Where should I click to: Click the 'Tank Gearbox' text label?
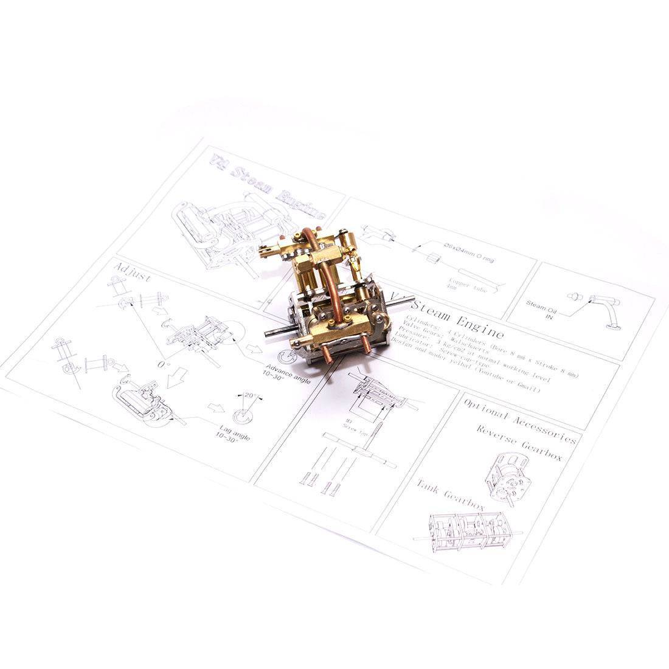pos(449,494)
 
